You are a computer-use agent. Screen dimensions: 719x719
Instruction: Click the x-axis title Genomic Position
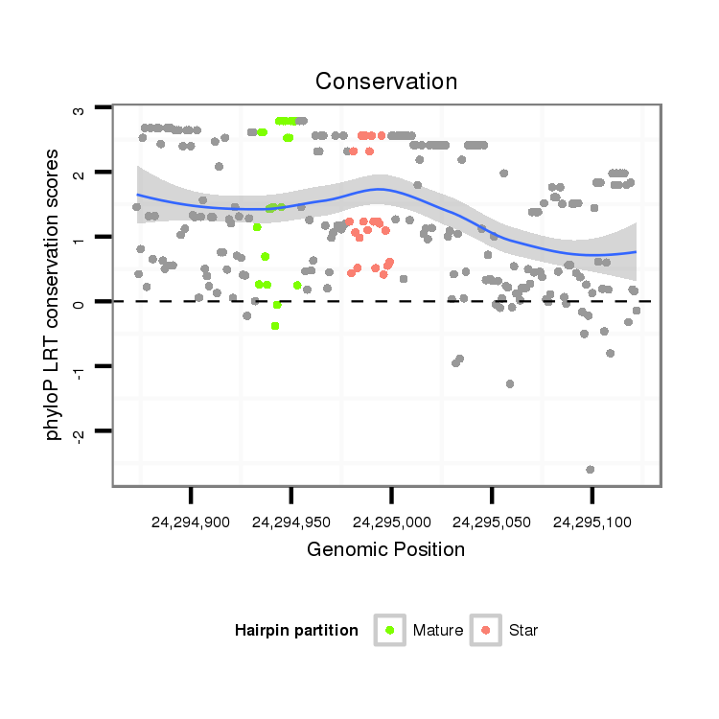coord(386,549)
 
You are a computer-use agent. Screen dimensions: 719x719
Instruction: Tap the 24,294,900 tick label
coord(191,523)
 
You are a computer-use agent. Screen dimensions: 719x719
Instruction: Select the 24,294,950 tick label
coord(290,523)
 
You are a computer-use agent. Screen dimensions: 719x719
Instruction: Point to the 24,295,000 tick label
coord(391,523)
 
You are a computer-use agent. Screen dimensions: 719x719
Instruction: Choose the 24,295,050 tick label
coord(491,523)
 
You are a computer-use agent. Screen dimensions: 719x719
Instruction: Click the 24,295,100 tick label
coord(591,523)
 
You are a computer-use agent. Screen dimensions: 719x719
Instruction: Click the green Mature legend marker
coord(389,630)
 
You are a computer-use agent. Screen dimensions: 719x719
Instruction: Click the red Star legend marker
coord(486,630)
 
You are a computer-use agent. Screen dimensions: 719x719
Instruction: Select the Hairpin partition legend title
coord(296,630)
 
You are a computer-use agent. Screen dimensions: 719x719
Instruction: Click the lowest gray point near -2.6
coord(591,469)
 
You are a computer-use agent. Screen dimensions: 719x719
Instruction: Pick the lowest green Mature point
coord(275,326)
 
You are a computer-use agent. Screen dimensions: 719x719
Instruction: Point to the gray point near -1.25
coord(510,383)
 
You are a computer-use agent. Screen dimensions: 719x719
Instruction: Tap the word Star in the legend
coord(523,630)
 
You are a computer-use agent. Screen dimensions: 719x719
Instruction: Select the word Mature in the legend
coord(438,630)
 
